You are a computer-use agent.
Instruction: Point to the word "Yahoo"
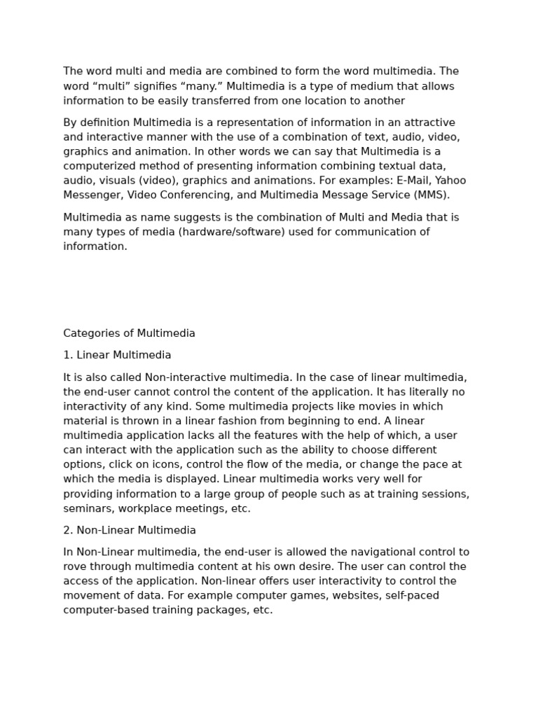click(x=450, y=181)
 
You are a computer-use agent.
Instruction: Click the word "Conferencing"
click(x=209, y=195)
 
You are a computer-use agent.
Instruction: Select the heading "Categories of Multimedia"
click(x=129, y=333)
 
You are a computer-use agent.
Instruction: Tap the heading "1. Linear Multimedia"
click(x=117, y=355)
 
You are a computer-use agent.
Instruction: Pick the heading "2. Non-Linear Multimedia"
click(x=130, y=530)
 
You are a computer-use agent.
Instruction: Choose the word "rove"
click(x=76, y=566)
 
